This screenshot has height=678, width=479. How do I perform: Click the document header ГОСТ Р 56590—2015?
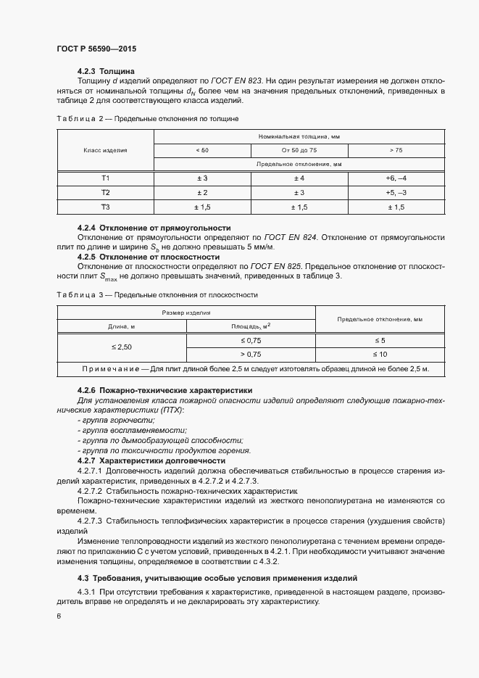tap(96, 49)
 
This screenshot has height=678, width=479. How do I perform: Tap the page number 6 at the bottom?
tap(58, 616)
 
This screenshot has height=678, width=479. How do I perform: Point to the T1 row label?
tap(105, 178)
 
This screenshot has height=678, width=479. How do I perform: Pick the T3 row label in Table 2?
tap(105, 207)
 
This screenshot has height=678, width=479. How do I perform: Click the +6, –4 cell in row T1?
tap(396, 178)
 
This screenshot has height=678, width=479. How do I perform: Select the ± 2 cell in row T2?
tap(201, 193)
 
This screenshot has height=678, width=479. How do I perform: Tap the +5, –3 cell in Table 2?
tap(396, 193)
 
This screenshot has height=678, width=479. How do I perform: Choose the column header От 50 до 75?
tap(299, 150)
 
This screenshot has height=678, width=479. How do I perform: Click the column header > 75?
tap(396, 150)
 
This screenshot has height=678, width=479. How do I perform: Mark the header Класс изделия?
tap(105, 150)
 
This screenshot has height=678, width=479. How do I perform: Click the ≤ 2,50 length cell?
tap(122, 347)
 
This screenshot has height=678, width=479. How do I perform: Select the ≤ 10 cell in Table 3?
tap(380, 355)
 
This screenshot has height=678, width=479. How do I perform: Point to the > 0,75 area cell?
tap(251, 355)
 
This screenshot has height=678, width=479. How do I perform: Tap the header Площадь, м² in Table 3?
tap(251, 326)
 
